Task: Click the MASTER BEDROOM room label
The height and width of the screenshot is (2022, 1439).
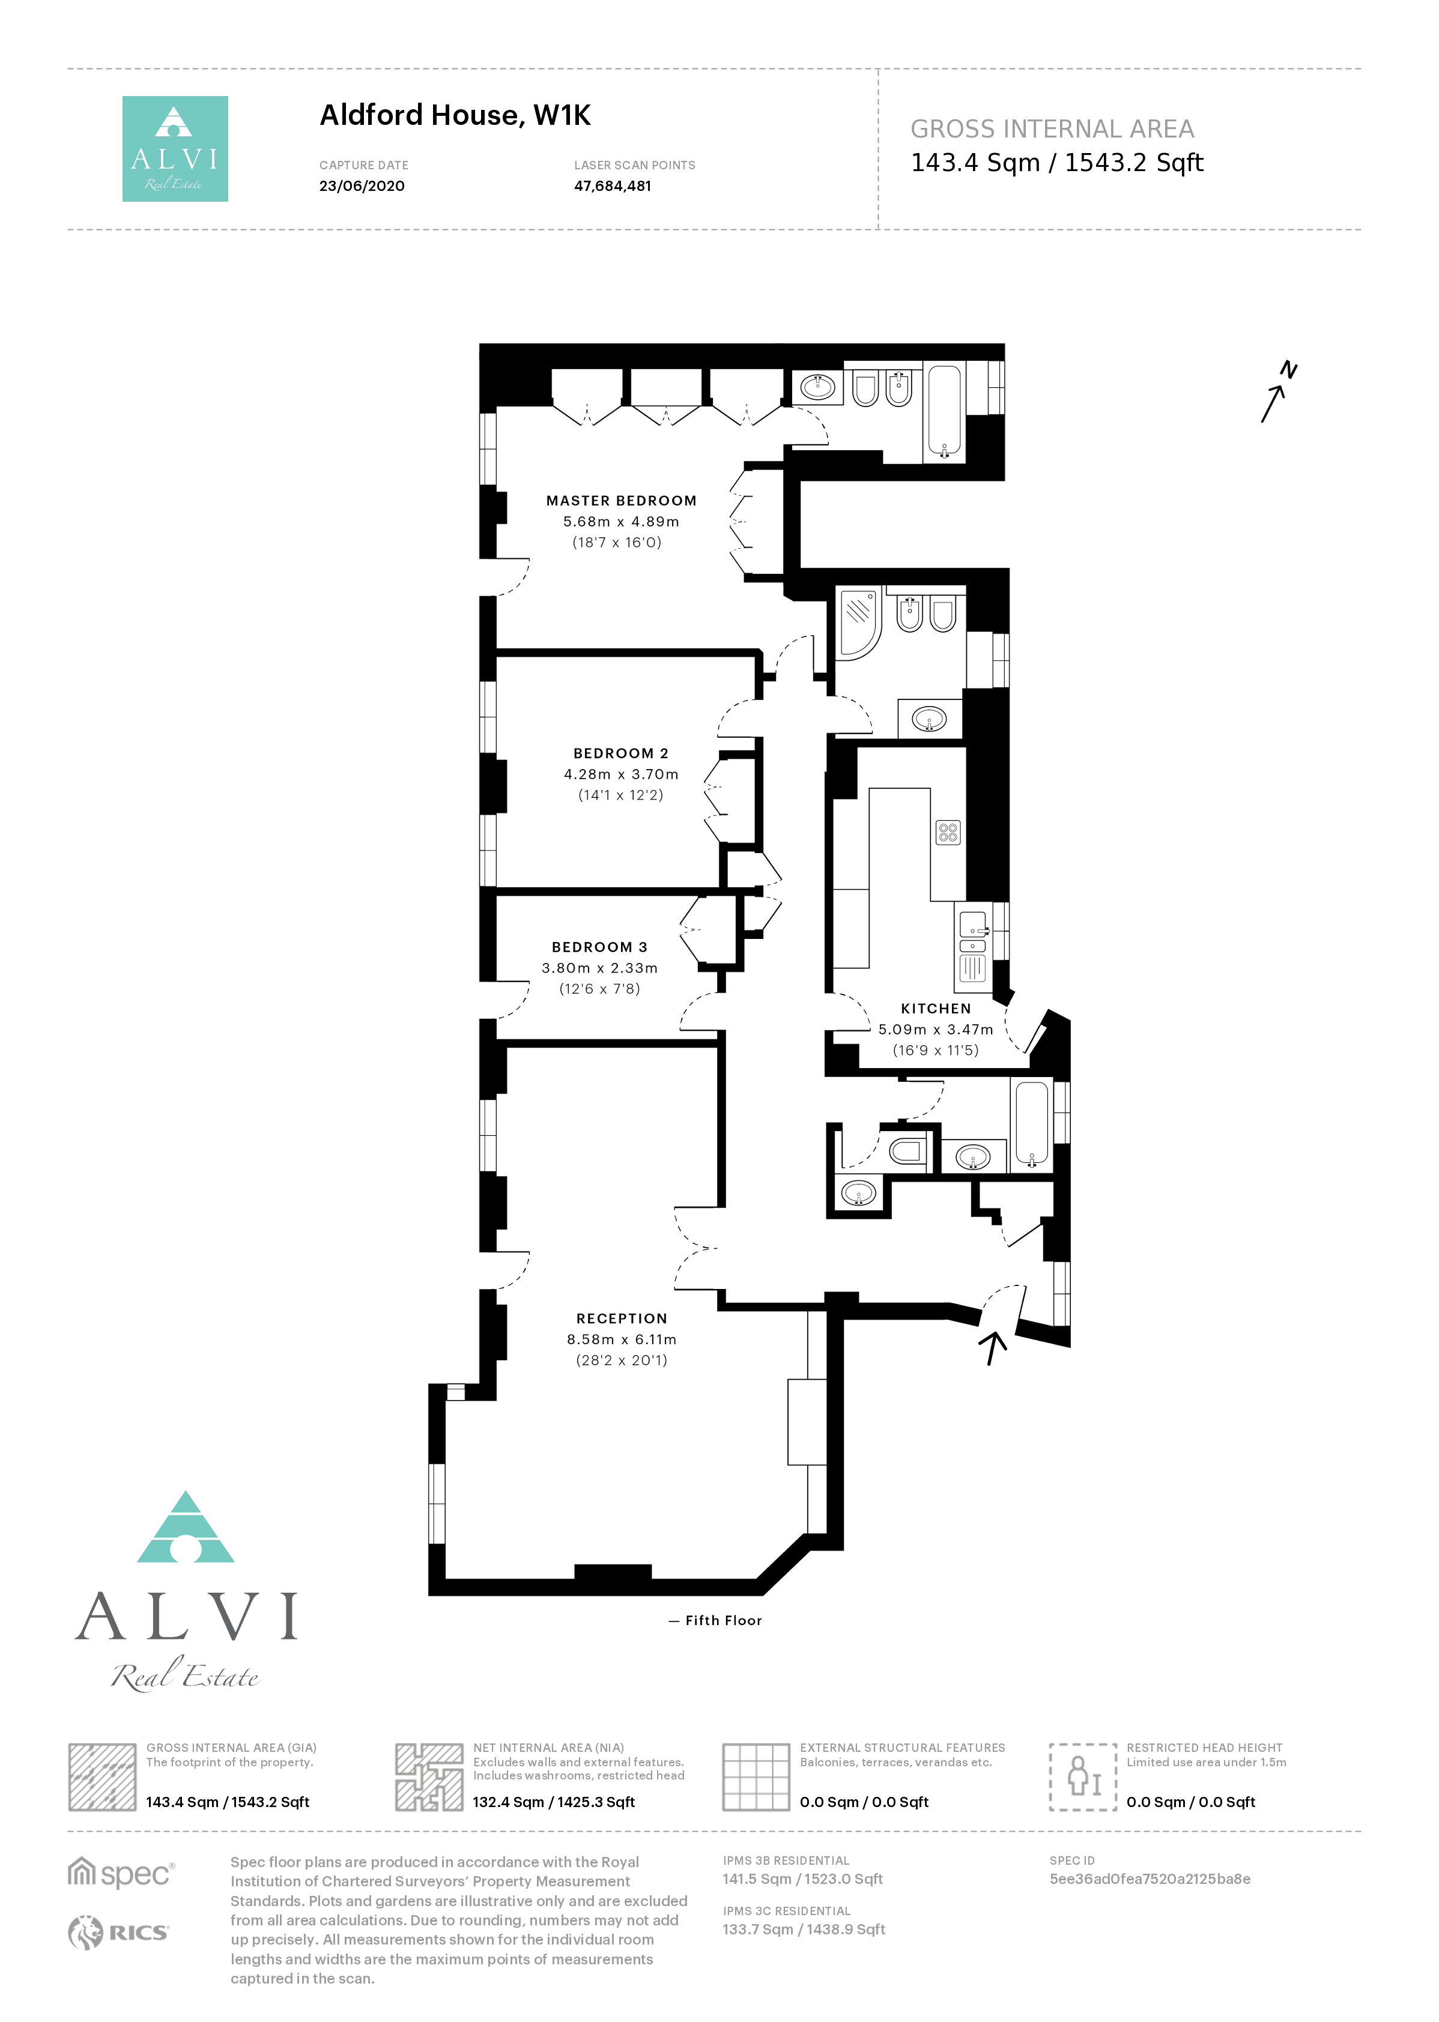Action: tap(621, 501)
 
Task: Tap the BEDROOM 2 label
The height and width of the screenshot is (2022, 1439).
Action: tap(621, 753)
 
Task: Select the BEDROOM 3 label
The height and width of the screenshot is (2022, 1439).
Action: tap(600, 947)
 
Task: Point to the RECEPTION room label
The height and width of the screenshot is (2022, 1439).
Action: tap(621, 1318)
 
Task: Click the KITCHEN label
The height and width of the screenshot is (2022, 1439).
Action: tap(936, 1008)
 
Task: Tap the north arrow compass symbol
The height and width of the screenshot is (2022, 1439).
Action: tap(1279, 391)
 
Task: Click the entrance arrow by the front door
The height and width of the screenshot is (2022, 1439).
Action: tap(993, 1347)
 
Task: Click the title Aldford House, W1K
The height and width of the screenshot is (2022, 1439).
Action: tap(455, 115)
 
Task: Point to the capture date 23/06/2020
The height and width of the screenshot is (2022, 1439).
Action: tap(362, 186)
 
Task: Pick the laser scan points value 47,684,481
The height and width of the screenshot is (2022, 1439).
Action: tap(612, 186)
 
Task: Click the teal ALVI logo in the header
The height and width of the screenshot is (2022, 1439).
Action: tap(175, 149)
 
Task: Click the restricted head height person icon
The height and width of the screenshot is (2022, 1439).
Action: tap(1083, 1776)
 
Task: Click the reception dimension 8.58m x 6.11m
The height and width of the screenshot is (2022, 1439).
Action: tap(621, 1339)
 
